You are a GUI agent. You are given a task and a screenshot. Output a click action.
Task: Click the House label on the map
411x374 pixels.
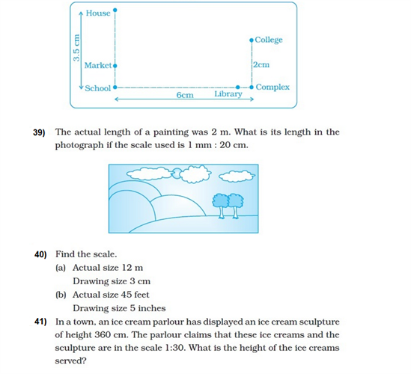(97, 13)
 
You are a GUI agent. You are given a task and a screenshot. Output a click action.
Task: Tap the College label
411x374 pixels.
(268, 40)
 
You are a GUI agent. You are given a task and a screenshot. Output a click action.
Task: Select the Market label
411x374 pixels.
(97, 66)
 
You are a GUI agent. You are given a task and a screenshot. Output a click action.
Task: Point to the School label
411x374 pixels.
(97, 88)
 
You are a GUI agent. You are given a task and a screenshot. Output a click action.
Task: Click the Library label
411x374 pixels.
(228, 94)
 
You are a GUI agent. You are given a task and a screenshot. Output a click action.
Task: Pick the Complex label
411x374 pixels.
(273, 88)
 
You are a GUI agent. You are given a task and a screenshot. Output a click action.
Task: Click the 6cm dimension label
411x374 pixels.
(185, 96)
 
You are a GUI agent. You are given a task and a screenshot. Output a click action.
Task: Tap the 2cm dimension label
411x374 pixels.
(261, 65)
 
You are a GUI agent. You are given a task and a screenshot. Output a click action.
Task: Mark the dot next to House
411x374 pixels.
(115, 12)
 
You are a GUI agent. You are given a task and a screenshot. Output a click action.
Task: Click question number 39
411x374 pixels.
(40, 132)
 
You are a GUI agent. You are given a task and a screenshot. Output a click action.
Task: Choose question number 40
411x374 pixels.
(41, 254)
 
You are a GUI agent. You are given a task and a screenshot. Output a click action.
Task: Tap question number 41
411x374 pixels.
(41, 321)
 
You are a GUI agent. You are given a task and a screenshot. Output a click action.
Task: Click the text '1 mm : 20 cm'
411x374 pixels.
(224, 145)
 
